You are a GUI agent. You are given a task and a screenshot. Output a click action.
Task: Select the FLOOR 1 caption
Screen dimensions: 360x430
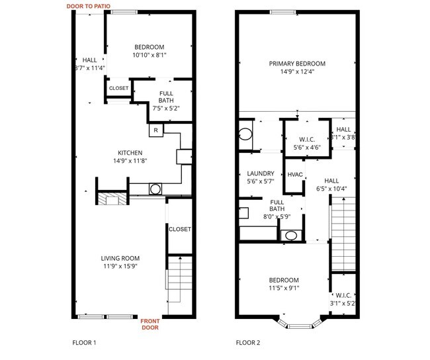click(84, 343)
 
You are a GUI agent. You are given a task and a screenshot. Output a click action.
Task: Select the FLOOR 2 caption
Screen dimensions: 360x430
click(248, 343)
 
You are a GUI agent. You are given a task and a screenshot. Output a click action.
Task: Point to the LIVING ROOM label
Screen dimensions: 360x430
click(120, 258)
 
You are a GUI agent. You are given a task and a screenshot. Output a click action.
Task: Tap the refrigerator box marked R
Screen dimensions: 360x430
click(155, 130)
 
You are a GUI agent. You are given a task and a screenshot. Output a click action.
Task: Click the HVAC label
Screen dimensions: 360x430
click(294, 175)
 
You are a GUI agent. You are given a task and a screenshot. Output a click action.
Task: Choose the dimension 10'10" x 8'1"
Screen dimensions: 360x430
click(149, 55)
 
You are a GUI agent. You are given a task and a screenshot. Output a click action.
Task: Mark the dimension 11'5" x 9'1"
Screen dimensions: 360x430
click(283, 288)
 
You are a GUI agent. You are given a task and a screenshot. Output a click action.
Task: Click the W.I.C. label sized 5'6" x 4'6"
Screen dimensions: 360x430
click(306, 140)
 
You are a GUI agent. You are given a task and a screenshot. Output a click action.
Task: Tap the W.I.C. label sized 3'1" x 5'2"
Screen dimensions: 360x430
click(343, 295)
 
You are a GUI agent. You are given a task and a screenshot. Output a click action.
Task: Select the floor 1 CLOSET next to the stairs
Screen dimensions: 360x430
click(179, 229)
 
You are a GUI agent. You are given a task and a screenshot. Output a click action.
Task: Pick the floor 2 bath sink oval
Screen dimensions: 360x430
click(290, 235)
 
